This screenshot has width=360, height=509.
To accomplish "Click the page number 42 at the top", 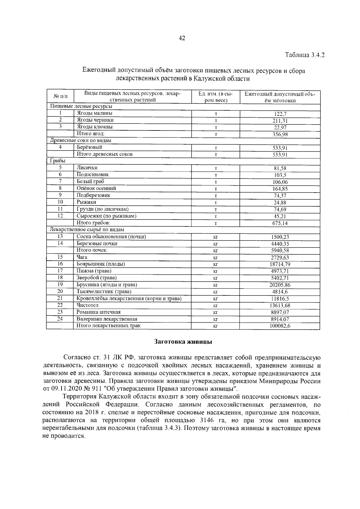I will pyautogui.click(x=182, y=38).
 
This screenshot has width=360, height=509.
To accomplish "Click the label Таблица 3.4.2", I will pyautogui.click(x=305, y=55).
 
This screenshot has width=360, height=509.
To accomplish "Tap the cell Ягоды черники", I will pyautogui.click(x=95, y=120).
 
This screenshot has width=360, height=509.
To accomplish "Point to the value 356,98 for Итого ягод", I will pyautogui.click(x=280, y=134).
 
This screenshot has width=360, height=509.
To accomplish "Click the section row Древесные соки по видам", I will pyautogui.click(x=81, y=140).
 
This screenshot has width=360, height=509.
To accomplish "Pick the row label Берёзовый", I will pyautogui.click(x=89, y=147).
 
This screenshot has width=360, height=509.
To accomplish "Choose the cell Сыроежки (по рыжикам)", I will pyautogui.click(x=106, y=216).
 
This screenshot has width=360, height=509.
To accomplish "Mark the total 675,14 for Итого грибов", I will pyautogui.click(x=280, y=223).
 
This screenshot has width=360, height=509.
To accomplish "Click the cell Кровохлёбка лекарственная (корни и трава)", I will pyautogui.click(x=129, y=298).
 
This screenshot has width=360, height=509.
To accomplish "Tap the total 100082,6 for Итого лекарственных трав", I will pyautogui.click(x=280, y=326).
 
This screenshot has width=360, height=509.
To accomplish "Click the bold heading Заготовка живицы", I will pyautogui.click(x=183, y=342).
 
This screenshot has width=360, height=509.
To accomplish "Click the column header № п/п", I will pyautogui.click(x=60, y=97).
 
